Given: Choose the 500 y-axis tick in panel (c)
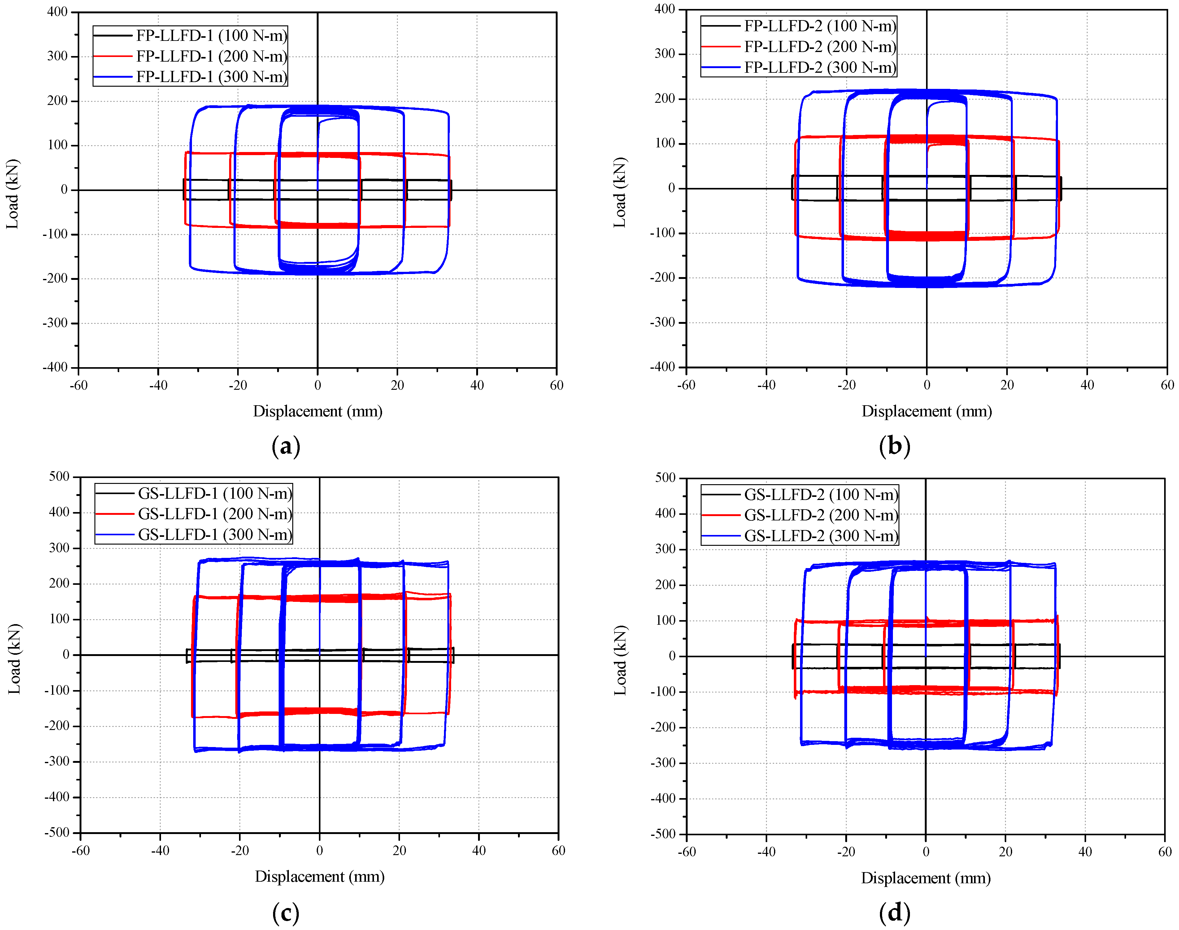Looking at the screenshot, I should coord(59,476).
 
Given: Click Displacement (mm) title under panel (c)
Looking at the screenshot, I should coord(320,877).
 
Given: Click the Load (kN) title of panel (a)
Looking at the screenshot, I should coord(12,194).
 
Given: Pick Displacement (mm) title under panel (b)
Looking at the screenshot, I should coord(926,411).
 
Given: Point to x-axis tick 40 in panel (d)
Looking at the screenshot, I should coord(1085,852).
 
